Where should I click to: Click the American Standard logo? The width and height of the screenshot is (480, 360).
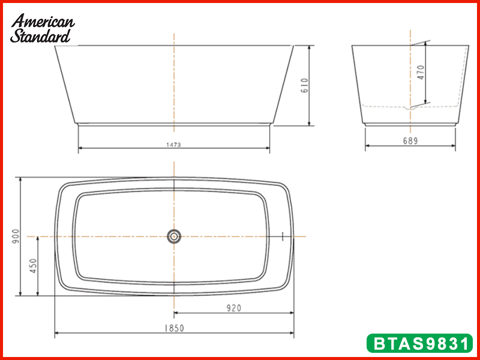(42, 28)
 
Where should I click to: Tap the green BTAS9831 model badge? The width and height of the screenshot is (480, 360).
(419, 343)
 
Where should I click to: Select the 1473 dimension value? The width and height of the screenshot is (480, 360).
(173, 145)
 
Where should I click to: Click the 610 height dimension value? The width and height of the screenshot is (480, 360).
(305, 86)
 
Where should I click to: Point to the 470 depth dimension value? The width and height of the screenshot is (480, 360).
(421, 73)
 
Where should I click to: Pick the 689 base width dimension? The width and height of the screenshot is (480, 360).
(410, 141)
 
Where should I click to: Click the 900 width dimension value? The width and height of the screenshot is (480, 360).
(16, 236)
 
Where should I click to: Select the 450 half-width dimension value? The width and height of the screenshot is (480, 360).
(34, 266)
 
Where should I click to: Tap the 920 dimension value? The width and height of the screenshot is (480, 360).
(234, 308)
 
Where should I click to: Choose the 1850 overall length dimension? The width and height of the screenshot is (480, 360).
(175, 328)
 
